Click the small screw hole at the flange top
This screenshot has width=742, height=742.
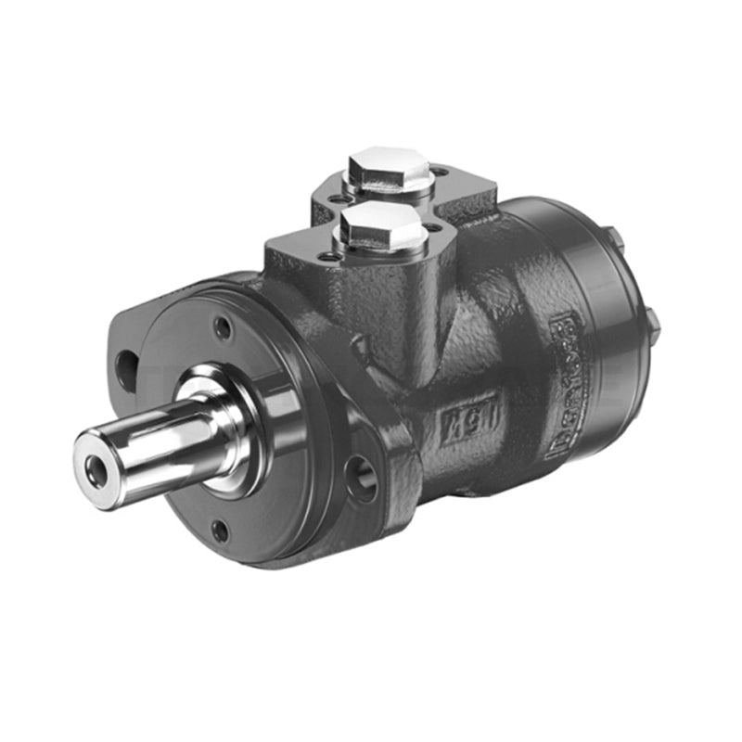223,327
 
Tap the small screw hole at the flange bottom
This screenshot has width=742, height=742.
220,531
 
